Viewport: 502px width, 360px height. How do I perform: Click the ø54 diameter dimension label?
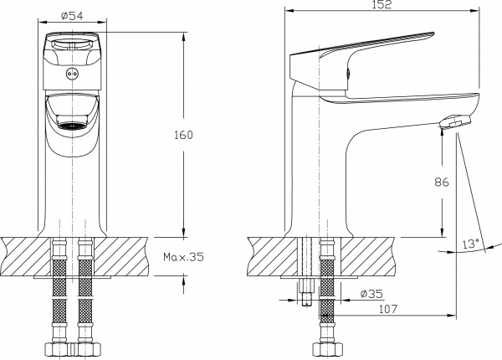tap(72, 16)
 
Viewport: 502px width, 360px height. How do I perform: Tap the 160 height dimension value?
tap(183, 135)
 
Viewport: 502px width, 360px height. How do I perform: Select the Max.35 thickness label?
tap(183, 257)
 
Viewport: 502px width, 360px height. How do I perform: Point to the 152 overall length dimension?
tap(382, 4)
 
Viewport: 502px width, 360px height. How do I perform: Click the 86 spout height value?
tap(442, 182)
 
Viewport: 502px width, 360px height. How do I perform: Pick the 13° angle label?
tap(470, 244)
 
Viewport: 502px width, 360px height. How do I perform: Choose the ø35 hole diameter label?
tap(371, 294)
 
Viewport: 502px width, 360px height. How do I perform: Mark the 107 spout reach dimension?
tap(388, 309)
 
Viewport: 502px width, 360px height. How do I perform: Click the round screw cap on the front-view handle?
tap(72, 74)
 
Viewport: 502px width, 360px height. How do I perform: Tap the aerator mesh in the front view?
tap(72, 126)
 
